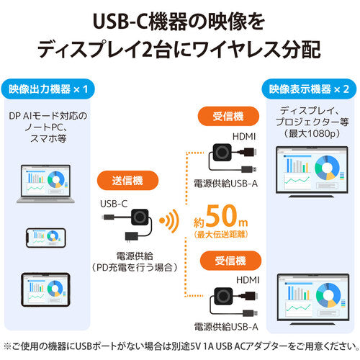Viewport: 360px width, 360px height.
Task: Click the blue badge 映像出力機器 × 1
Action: click(x=48, y=89)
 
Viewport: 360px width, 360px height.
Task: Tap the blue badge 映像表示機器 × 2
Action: click(x=309, y=89)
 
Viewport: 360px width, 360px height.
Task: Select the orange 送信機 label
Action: click(x=127, y=181)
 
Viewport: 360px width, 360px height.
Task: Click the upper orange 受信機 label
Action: click(x=228, y=117)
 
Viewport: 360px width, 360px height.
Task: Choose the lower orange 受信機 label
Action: click(x=230, y=261)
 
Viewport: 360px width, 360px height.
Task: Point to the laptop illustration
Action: click(x=45, y=184)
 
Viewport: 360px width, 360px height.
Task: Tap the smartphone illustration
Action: click(x=46, y=238)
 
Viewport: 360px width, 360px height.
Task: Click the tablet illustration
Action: click(x=45, y=289)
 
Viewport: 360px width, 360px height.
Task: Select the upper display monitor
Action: click(x=312, y=172)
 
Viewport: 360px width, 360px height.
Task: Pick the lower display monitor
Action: click(x=313, y=300)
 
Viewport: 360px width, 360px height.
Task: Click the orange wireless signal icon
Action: click(x=169, y=221)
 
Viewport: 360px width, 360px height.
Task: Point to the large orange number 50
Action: click(x=222, y=216)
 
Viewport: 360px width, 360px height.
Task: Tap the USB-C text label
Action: click(x=114, y=204)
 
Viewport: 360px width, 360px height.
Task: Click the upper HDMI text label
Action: click(x=244, y=137)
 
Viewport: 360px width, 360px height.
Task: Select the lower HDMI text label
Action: click(x=248, y=280)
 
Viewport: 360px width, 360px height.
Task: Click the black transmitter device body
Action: click(x=140, y=217)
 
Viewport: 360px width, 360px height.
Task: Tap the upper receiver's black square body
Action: click(x=222, y=152)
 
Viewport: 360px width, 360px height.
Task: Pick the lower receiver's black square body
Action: click(x=223, y=296)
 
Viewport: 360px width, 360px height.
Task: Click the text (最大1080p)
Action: click(x=312, y=133)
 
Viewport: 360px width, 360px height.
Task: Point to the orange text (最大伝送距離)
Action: click(x=221, y=235)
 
